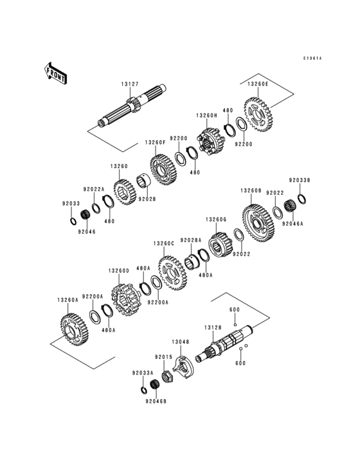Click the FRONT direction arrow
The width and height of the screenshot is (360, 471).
pyautogui.click(x=57, y=72)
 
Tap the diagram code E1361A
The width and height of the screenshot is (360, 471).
pyautogui.click(x=312, y=59)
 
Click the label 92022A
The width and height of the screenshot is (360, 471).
pyautogui.click(x=93, y=189)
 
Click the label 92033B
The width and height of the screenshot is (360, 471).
pyautogui.click(x=299, y=181)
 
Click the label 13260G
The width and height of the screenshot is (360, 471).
pyautogui.click(x=216, y=219)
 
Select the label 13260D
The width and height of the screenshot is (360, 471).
pyautogui.click(x=119, y=271)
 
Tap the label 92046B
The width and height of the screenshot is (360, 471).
pyautogui.click(x=156, y=401)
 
